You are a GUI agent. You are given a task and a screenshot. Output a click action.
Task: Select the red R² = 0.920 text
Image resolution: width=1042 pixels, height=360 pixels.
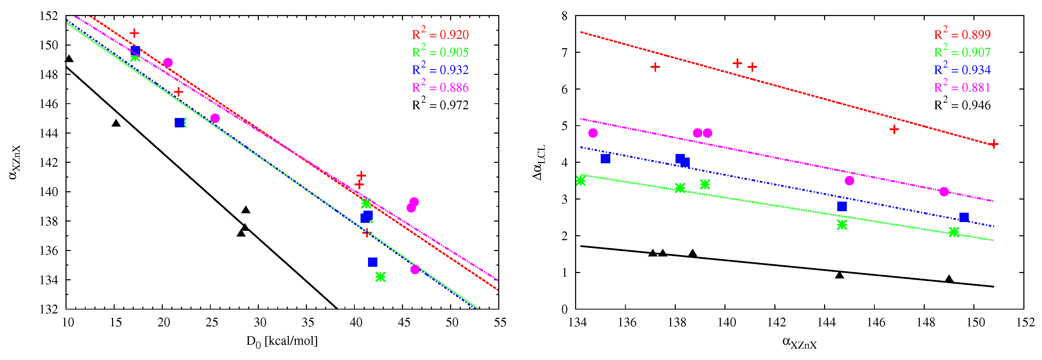click(440, 34)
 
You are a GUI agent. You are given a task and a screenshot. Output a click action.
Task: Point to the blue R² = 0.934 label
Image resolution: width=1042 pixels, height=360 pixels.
click(962, 70)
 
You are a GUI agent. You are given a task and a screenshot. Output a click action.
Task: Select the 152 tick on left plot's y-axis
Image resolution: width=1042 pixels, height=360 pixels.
click(49, 16)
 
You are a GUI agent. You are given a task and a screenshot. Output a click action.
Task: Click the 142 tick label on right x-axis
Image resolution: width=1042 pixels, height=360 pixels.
click(776, 322)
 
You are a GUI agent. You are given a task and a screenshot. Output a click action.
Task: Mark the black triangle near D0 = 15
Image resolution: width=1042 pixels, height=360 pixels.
click(116, 123)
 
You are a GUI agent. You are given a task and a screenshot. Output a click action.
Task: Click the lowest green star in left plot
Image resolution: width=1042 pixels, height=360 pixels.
click(380, 277)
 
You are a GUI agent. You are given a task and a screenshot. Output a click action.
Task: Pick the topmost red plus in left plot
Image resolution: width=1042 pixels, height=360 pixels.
click(134, 33)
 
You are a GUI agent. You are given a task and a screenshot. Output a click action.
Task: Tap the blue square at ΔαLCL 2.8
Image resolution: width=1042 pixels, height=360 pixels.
click(842, 206)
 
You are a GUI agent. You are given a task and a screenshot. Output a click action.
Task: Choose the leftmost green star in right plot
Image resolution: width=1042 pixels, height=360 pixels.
click(581, 180)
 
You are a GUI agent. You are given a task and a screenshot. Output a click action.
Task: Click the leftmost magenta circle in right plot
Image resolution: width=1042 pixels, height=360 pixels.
click(593, 133)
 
